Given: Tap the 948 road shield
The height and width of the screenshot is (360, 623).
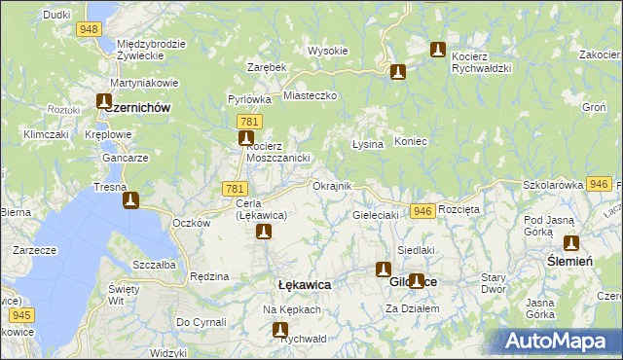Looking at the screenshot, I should point(91,30).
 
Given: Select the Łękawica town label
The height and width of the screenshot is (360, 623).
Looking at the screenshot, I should point(305,284).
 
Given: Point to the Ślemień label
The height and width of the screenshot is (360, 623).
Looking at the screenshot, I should point(569,261).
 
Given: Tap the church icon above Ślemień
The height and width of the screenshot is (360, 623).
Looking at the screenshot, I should point(570,243).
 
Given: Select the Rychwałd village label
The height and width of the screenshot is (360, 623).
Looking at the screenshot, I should point(302,341).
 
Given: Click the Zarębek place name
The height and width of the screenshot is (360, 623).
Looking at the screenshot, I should point(266,67).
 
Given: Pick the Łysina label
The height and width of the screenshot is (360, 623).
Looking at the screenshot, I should point(367,144).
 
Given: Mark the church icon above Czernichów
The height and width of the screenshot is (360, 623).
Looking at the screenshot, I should point(105,100).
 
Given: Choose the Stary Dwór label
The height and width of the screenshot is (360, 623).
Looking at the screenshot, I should point(494,283).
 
